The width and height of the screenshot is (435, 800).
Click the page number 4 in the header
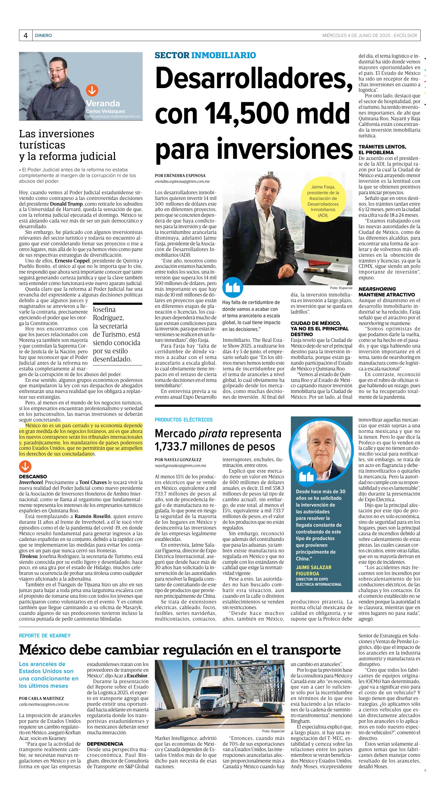click(x=26, y=36)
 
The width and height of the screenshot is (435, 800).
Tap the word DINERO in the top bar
click(x=43, y=36)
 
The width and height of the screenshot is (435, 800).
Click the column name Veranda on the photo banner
click(x=103, y=103)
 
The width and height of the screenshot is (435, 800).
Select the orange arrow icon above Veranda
click(x=92, y=90)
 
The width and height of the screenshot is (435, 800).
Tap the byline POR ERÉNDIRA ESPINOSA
click(x=180, y=175)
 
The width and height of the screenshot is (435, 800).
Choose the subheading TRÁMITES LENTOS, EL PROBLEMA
click(x=382, y=149)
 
